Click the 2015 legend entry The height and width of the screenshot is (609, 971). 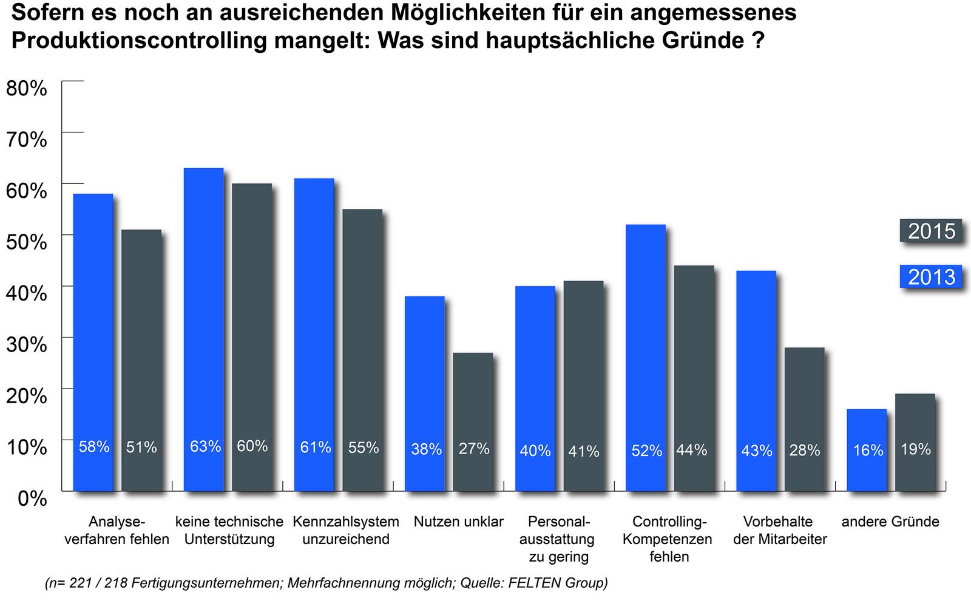[931, 231]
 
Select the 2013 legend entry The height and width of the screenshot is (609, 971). [931, 277]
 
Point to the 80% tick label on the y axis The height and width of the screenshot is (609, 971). [26, 88]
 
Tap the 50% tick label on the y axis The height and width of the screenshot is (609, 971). [26, 242]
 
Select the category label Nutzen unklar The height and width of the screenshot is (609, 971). [459, 522]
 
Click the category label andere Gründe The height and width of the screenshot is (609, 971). [890, 522]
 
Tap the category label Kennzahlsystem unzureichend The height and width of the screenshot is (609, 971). [346, 530]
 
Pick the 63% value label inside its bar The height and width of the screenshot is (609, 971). [205, 446]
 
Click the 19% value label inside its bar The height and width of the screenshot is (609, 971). [915, 449]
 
